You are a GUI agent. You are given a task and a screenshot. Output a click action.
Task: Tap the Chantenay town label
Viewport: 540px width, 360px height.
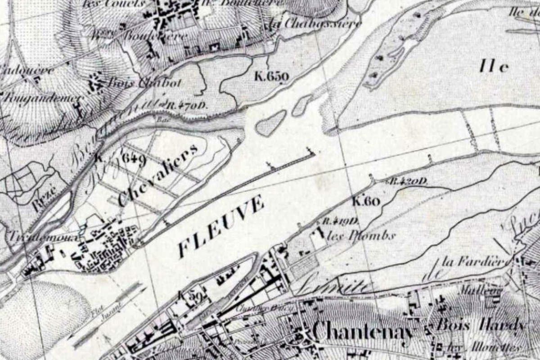(362, 332)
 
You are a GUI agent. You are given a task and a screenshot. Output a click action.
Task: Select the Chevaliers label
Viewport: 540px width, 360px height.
(158, 175)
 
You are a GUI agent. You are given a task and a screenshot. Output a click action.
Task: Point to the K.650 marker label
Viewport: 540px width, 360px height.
(271, 76)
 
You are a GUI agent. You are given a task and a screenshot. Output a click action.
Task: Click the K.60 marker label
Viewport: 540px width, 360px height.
(367, 201)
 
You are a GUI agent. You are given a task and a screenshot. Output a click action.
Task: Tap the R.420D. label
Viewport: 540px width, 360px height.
(407, 181)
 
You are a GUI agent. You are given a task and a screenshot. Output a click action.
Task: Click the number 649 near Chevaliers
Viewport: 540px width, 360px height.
(134, 159)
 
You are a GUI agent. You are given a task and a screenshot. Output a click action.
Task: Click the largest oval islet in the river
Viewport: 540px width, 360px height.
(270, 123)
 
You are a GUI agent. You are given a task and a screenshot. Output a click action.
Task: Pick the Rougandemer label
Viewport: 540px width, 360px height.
(43, 98)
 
